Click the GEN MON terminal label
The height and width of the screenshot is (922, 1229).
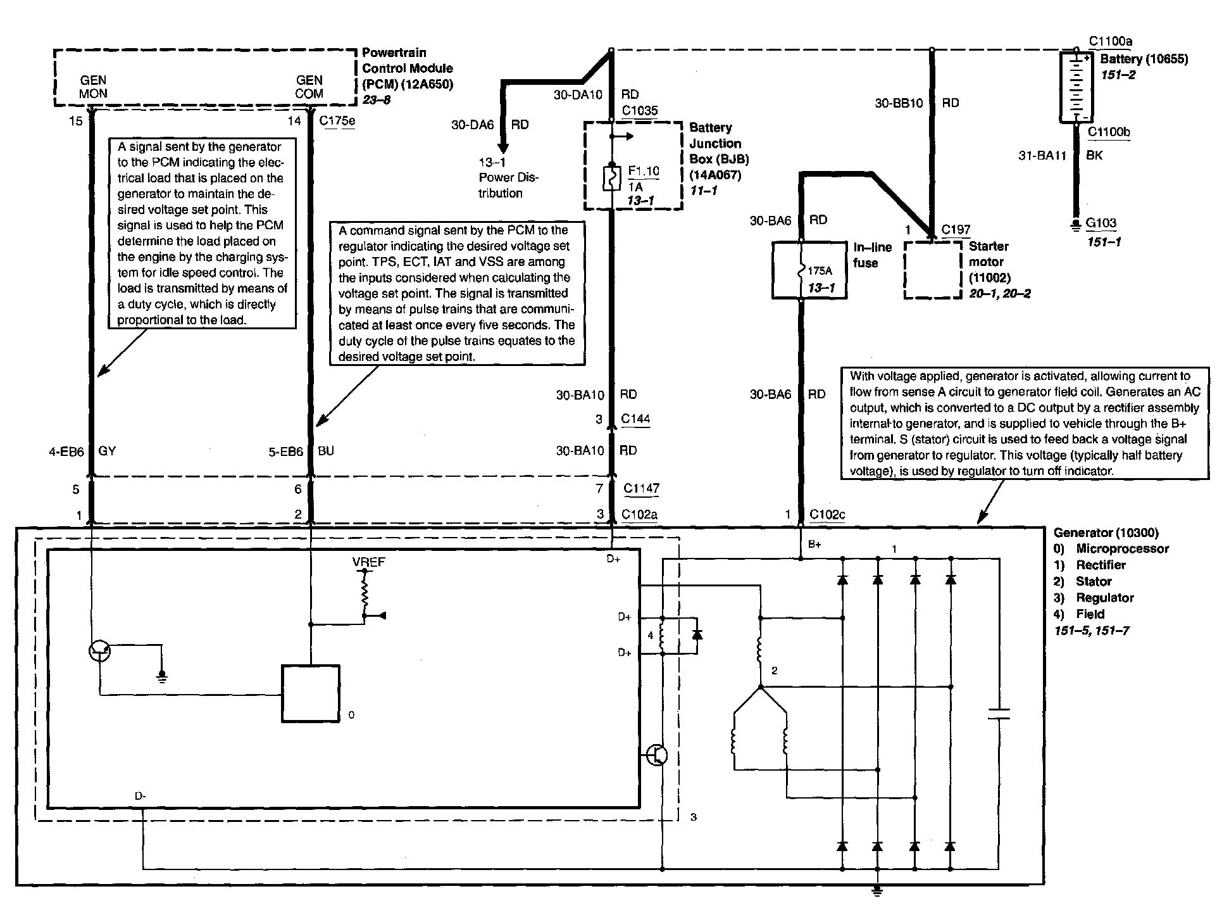(93, 87)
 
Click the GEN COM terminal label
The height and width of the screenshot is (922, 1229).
(309, 87)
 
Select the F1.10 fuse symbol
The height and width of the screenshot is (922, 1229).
(611, 178)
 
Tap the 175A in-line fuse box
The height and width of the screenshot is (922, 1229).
(809, 270)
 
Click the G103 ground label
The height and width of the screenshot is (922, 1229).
(1101, 223)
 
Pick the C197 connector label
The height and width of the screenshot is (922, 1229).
(955, 229)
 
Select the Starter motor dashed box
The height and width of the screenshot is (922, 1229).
(932, 270)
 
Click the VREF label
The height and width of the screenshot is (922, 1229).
(368, 562)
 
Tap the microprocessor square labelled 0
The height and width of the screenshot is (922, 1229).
(310, 693)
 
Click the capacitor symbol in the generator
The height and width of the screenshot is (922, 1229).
(998, 714)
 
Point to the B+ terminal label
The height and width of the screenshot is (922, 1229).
(814, 545)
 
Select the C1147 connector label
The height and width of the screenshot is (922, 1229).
(641, 488)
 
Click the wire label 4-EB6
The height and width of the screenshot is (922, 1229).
(66, 452)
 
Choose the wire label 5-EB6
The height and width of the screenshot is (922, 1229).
(285, 452)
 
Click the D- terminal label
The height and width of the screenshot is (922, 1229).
(140, 795)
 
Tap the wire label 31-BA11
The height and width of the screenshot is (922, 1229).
(1042, 155)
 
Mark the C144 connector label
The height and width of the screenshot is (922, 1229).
(635, 419)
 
